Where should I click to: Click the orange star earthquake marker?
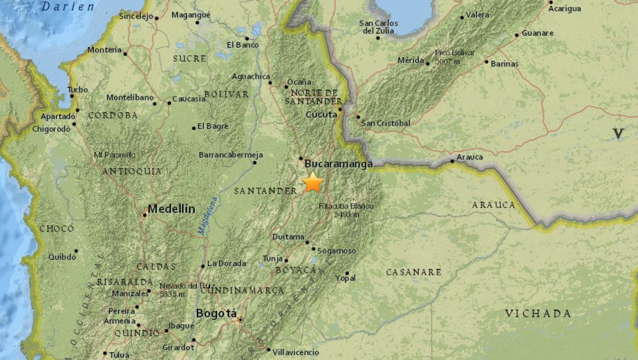tap(313, 183)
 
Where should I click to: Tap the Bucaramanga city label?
tap(338, 164)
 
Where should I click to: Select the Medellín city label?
tap(171, 209)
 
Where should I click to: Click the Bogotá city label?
tap(216, 314)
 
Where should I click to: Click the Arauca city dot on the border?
tap(452, 161)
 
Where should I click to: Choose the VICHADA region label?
tap(538, 313)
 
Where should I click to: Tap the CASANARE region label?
tap(413, 272)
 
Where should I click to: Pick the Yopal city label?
tap(345, 278)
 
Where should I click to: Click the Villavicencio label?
tap(295, 352)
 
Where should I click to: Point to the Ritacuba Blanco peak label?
tap(346, 210)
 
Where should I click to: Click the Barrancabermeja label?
tap(231, 155)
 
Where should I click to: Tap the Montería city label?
tap(105, 50)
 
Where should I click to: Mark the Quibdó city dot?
tap(76, 251)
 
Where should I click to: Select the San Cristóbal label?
tap(386, 123)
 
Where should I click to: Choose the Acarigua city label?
tap(564, 9)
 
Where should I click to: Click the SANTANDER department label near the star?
tap(265, 190)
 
